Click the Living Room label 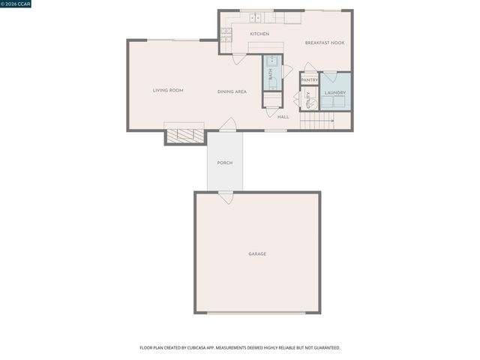pos(168,91)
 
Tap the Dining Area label pos(232,91)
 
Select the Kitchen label pos(259,34)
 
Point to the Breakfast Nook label pos(324,43)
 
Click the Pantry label pos(309,79)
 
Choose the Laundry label pos(334,92)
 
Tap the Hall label pos(283,117)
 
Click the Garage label pos(257,253)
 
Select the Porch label pos(224,163)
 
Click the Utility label pos(307,100)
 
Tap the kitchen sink pos(255,16)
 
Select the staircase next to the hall pos(317,119)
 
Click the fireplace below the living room pos(184,136)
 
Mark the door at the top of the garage pos(225,196)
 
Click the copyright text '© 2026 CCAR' pos(16,4)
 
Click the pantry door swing pos(307,67)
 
